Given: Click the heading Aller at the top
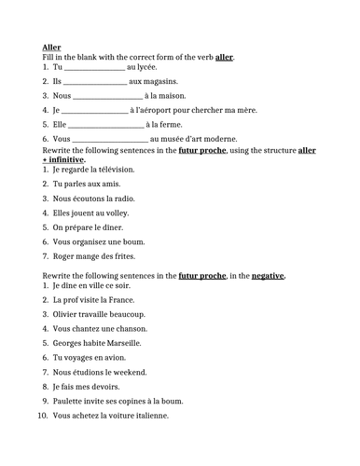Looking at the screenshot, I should (52, 46).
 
